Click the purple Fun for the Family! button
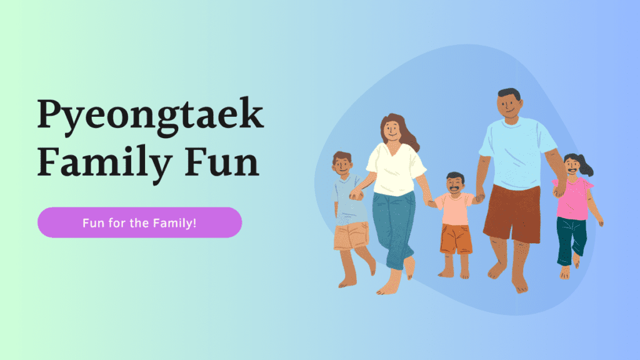[x=139, y=222]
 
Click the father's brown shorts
[x=511, y=212]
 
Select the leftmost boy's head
[x=342, y=164]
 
